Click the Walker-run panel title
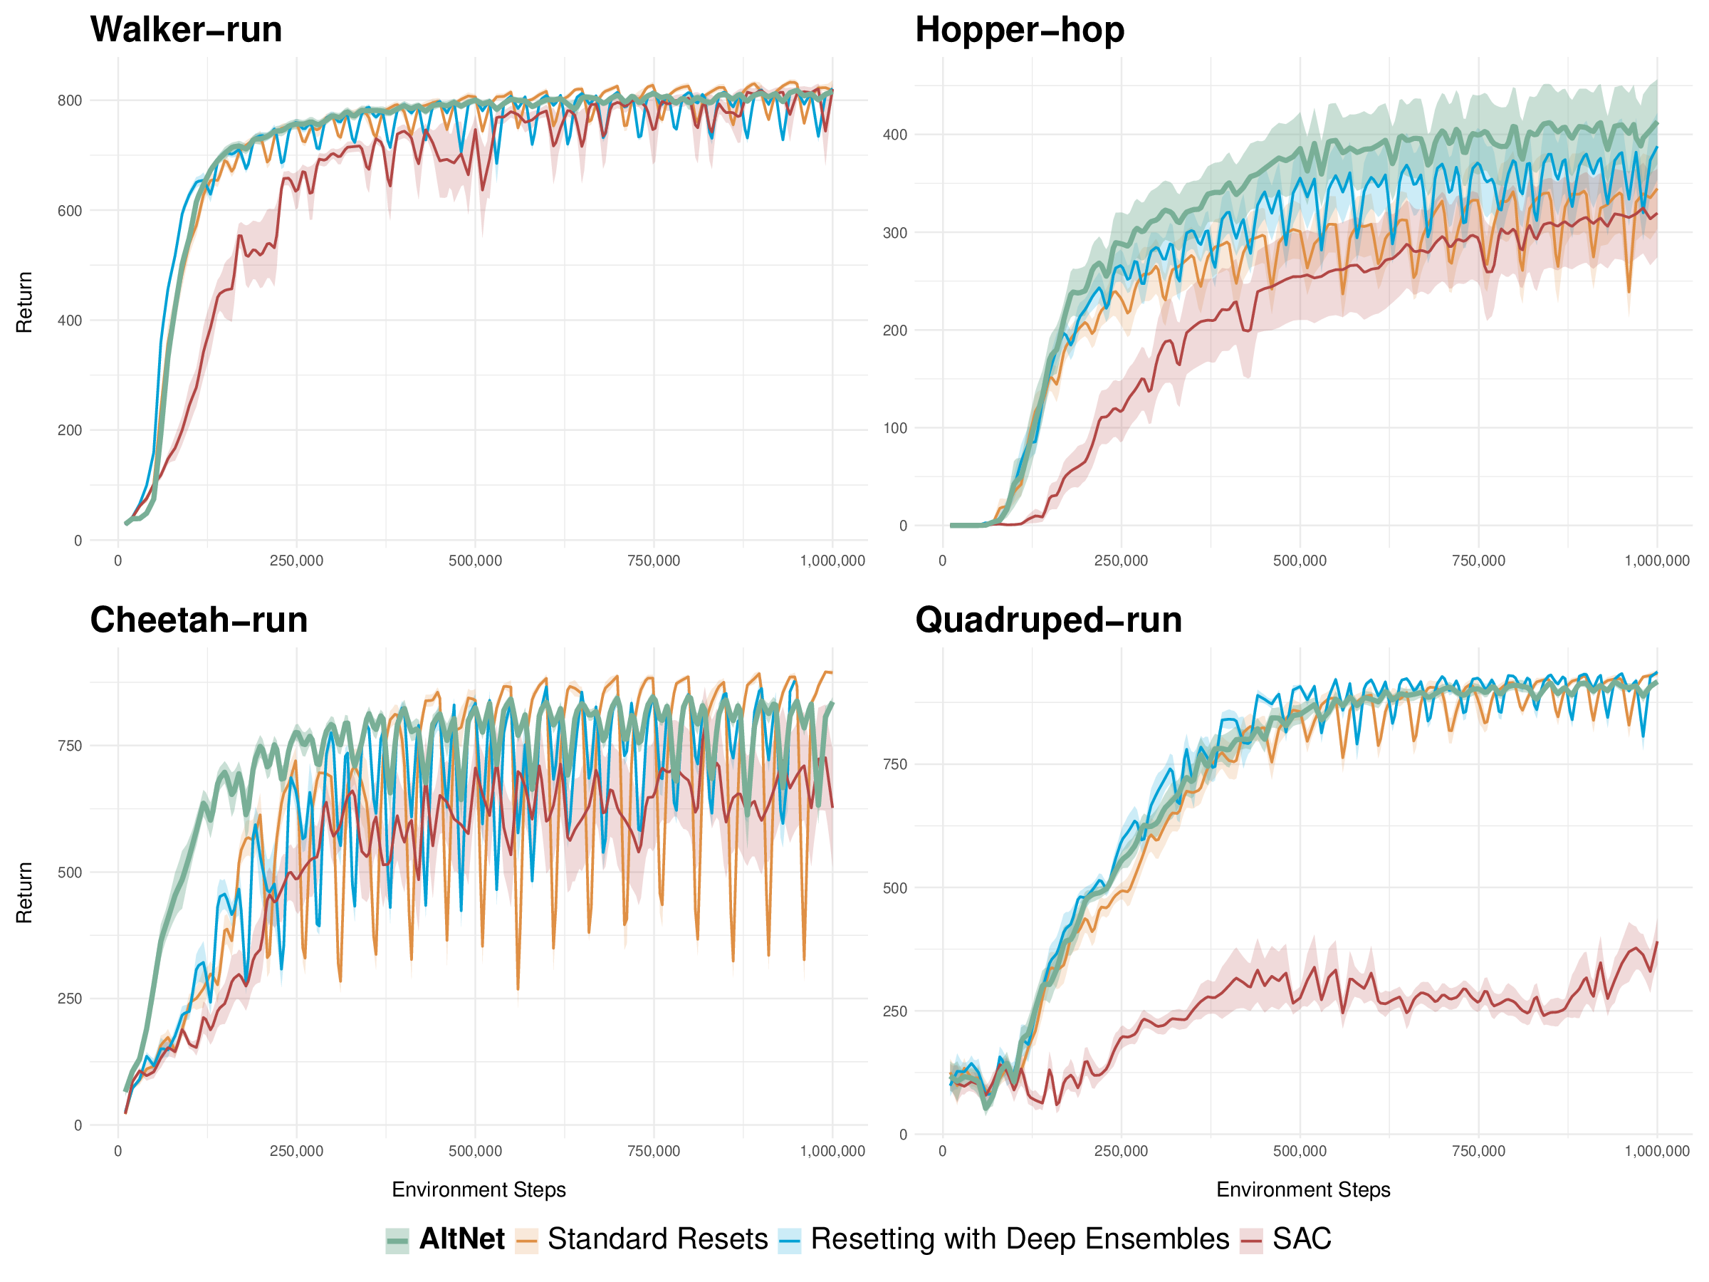coord(185,30)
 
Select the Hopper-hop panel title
coord(1019,30)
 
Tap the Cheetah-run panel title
coord(199,620)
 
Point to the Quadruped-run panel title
coord(1047,620)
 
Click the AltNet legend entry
coord(461,1239)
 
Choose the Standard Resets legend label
coord(657,1239)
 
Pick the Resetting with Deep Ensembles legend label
coord(1019,1239)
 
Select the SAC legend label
coord(1302,1239)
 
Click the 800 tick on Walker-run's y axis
coord(70,100)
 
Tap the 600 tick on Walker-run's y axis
coord(70,211)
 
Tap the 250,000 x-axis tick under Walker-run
coord(296,561)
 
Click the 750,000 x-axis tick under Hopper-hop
coord(1478,561)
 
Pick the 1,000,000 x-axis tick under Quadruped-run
coord(1656,1152)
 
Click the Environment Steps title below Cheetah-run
coord(479,1190)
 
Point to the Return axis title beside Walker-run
coord(24,302)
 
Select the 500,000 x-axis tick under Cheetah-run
coord(475,1152)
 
